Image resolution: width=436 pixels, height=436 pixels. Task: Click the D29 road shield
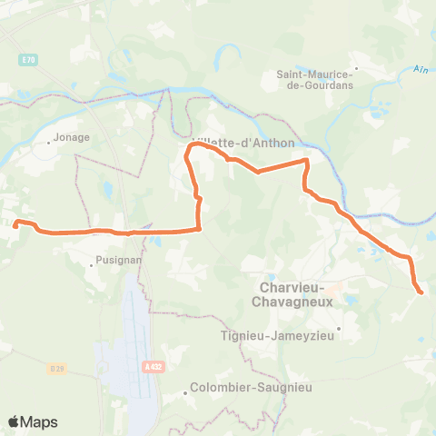(57, 368)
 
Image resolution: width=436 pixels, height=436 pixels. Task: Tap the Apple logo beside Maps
(15, 421)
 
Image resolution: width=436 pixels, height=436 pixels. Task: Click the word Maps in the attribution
(40, 421)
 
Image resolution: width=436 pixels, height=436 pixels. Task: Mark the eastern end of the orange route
(421, 291)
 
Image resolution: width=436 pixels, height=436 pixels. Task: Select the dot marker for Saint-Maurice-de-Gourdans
(358, 67)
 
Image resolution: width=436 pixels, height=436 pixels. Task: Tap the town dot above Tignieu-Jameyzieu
(338, 329)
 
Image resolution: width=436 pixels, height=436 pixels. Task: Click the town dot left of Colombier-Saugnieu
(186, 392)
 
